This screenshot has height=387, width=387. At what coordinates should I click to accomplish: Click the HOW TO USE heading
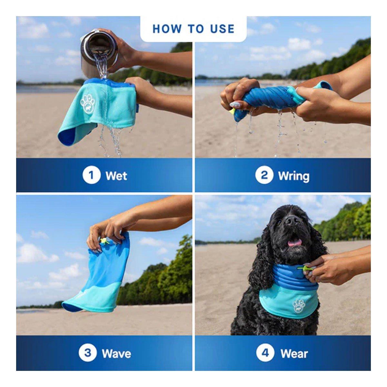click(193, 29)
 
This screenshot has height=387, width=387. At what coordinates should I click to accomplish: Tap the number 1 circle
click(91, 175)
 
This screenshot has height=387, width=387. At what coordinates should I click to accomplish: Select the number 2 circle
click(264, 175)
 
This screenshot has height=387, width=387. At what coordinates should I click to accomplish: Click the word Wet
click(116, 176)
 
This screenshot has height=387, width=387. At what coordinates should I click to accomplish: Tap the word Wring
click(293, 177)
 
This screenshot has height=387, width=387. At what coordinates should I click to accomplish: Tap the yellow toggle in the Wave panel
click(104, 240)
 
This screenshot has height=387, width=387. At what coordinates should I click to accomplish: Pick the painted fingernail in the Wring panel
click(235, 104)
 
